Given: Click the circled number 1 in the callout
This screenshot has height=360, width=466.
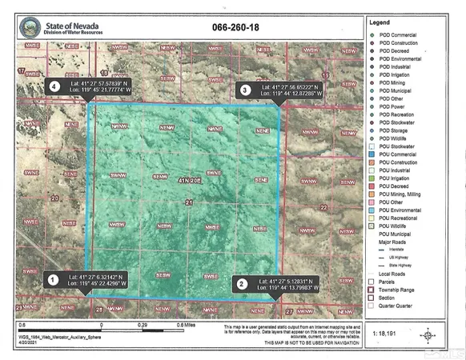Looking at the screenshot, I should [52, 279].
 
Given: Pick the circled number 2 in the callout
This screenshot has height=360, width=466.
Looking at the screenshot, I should [239, 283].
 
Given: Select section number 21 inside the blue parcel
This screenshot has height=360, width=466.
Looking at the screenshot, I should [188, 203].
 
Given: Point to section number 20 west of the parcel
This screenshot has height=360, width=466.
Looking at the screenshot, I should [54, 196].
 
